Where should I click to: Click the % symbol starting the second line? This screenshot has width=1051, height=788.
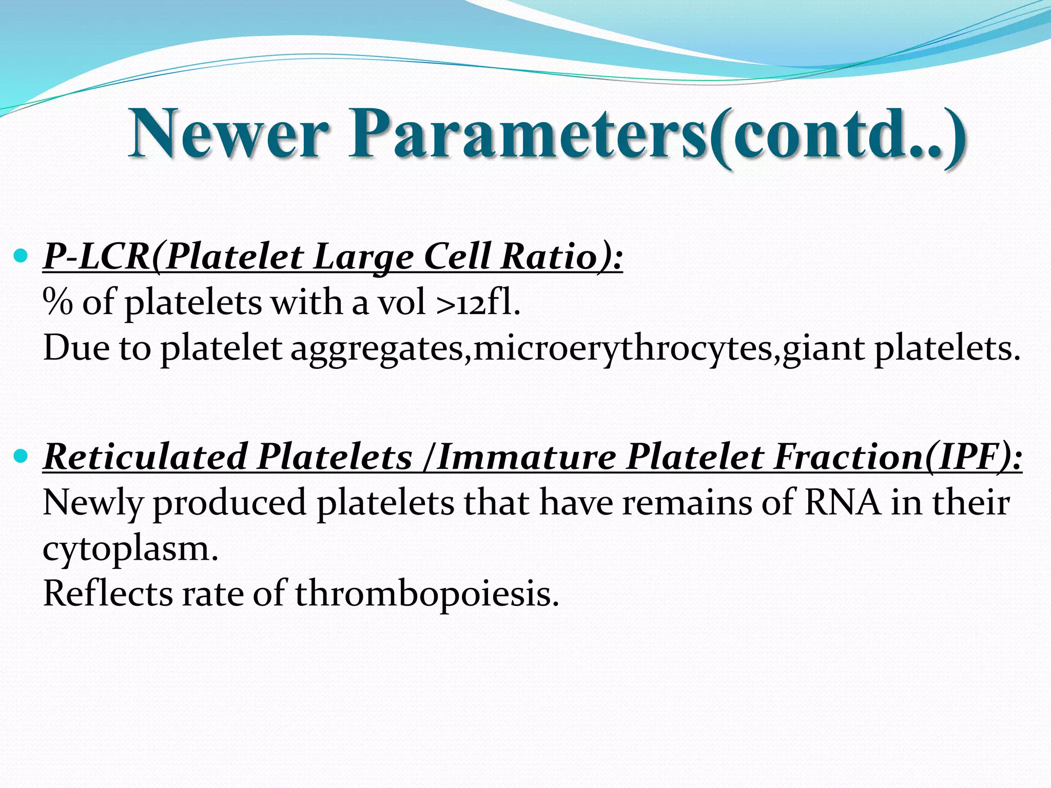click(x=57, y=302)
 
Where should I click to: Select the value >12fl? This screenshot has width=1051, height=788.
click(x=478, y=302)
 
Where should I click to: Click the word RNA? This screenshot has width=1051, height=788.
click(x=842, y=502)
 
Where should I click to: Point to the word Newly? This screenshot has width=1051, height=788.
click(x=93, y=503)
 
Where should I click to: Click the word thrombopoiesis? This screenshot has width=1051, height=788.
click(x=426, y=594)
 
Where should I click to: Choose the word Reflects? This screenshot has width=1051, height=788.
click(x=108, y=594)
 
